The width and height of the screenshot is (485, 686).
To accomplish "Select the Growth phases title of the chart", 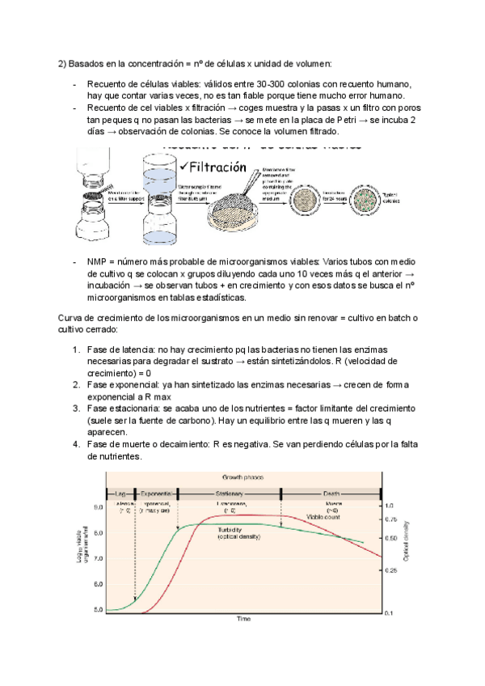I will (242, 477).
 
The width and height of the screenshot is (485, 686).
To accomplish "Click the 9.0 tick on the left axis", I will (98, 507).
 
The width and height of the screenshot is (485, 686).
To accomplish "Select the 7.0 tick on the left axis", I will (98, 558).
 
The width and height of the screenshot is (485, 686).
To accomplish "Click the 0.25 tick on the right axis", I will (390, 571).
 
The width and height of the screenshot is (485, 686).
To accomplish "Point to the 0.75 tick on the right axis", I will (390, 519).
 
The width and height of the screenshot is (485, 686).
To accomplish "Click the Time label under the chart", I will (243, 619).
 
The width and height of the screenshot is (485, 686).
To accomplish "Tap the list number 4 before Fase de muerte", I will (76, 444).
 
